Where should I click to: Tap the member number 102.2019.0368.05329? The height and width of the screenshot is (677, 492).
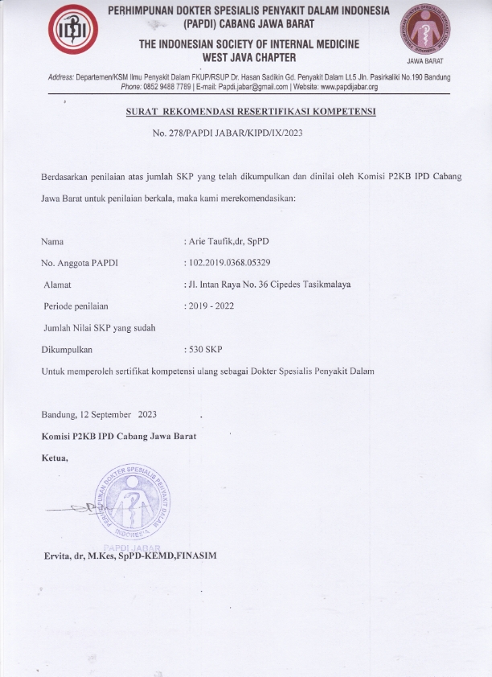228,263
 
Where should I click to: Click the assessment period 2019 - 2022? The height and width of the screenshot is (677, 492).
211,306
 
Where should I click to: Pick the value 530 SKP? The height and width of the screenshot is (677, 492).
204,350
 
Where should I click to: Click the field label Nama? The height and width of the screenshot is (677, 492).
52,241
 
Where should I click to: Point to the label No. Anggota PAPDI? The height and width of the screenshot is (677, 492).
79,263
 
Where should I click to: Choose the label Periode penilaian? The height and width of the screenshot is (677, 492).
76,306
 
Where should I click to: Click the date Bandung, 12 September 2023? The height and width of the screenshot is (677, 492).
99,415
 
